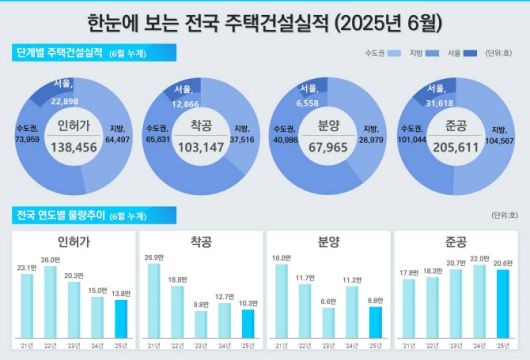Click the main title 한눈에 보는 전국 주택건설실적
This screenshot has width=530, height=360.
click(265, 21)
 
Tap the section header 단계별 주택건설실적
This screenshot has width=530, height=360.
click(62, 51)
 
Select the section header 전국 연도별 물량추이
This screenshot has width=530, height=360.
click(62, 214)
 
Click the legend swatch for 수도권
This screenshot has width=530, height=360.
click(394, 51)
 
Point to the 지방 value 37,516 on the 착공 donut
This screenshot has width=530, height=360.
click(242, 140)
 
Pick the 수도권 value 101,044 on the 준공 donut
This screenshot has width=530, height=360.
click(413, 140)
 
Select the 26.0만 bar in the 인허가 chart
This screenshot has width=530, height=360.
click(50, 300)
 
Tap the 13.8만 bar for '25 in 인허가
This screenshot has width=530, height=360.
click(120, 318)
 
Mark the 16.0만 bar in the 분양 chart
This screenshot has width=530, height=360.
click(281, 300)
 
